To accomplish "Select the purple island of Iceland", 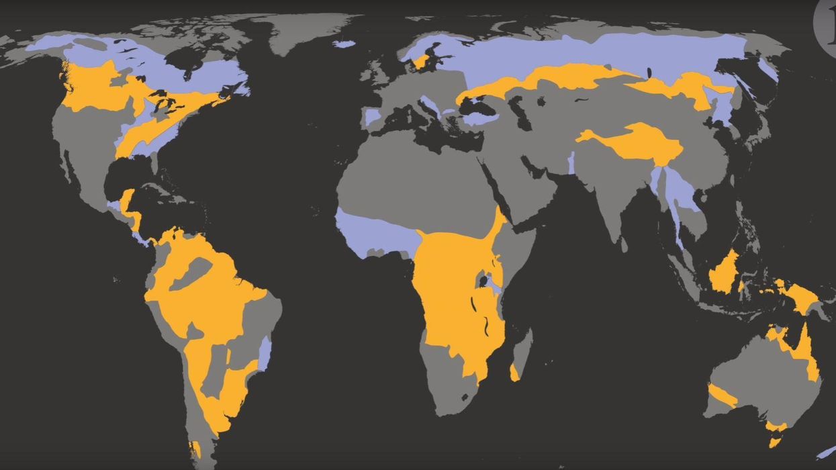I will [343, 44].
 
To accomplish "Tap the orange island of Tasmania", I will [775, 442].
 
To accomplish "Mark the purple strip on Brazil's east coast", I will [265, 352].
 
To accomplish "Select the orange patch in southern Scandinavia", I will [421, 62].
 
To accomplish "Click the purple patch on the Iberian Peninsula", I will [372, 117].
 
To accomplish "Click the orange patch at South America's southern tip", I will [195, 449].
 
